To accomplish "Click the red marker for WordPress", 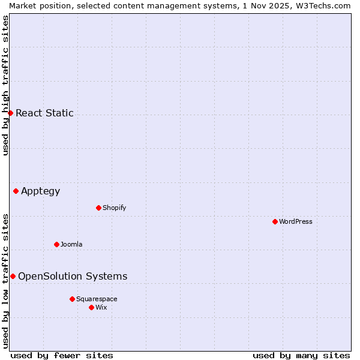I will tap(275, 221).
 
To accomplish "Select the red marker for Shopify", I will tap(98, 208).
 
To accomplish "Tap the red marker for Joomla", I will tap(56, 244).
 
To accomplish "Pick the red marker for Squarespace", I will tap(72, 299).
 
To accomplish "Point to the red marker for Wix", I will tap(91, 307).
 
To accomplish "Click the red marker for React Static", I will tap(10, 113).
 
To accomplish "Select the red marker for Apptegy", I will tap(16, 191).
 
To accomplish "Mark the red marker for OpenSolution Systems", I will tap(13, 276).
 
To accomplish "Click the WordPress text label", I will tap(296, 221).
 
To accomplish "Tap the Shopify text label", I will tap(115, 208).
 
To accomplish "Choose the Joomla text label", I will tap(71, 244).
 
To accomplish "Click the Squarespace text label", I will tap(97, 299).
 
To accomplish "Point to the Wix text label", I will tap(101, 307).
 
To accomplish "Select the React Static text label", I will tap(44, 113).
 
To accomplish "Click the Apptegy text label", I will tap(41, 191).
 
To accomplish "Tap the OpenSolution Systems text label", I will tap(73, 276).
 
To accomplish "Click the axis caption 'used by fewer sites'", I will tap(62, 355).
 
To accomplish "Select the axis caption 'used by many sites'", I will tap(301, 355).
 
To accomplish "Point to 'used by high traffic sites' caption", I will tap(5, 85).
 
